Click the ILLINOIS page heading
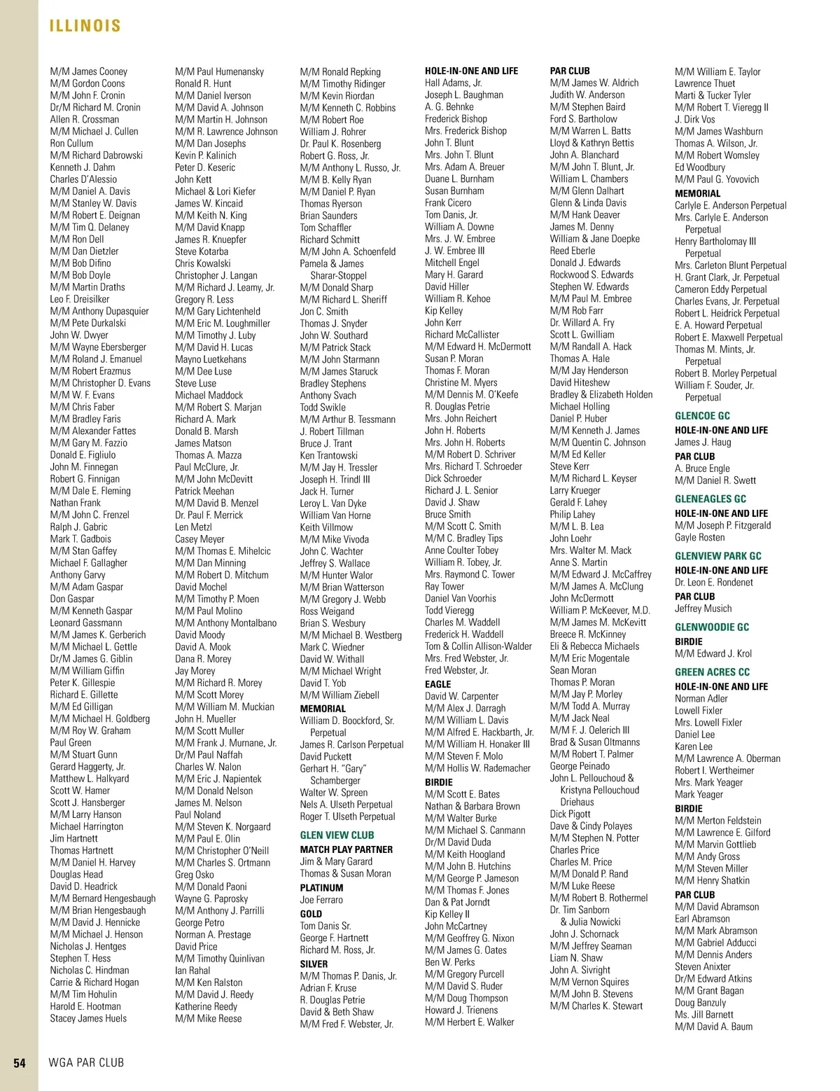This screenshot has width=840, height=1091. (85, 26)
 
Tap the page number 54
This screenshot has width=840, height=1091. (20, 1063)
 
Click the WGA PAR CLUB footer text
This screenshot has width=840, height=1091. (86, 1063)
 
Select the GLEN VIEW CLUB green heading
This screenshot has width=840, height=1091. (337, 835)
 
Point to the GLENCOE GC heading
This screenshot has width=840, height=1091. (702, 416)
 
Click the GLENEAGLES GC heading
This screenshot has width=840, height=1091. (710, 499)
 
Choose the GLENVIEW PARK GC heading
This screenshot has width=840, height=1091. (718, 556)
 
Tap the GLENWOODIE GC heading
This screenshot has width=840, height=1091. (711, 627)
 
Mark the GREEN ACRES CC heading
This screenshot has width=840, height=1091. (712, 672)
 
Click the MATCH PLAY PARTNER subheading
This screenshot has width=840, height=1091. (346, 849)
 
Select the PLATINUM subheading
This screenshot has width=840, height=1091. (321, 887)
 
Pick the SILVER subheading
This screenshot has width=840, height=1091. (314, 964)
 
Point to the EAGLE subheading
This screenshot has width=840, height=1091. (437, 684)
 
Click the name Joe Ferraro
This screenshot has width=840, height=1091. (321, 900)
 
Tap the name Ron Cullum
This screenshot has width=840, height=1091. (71, 143)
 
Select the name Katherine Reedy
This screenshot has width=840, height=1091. (206, 1006)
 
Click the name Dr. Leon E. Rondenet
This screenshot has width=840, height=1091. (714, 583)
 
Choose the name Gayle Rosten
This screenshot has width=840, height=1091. (699, 538)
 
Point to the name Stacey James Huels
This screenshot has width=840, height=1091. (88, 1018)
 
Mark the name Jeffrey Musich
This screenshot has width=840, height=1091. (703, 609)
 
